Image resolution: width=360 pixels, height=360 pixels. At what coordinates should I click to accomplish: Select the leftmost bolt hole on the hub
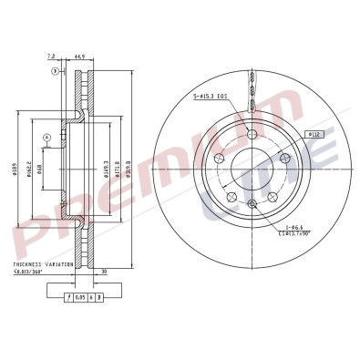pos(219,157)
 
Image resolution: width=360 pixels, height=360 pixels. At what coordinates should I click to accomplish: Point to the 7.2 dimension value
pos(60,57)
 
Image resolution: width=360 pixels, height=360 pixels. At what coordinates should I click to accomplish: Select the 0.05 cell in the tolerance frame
pos(81,296)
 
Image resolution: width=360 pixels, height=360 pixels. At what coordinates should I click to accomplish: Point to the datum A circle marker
pos(46,138)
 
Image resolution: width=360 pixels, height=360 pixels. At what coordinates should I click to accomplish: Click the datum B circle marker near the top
pos(54,70)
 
